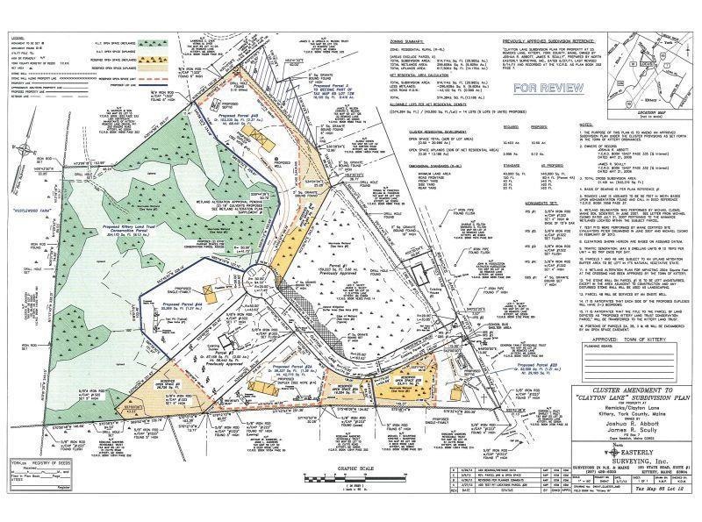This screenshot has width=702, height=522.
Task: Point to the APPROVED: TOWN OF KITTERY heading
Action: click(625, 359)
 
